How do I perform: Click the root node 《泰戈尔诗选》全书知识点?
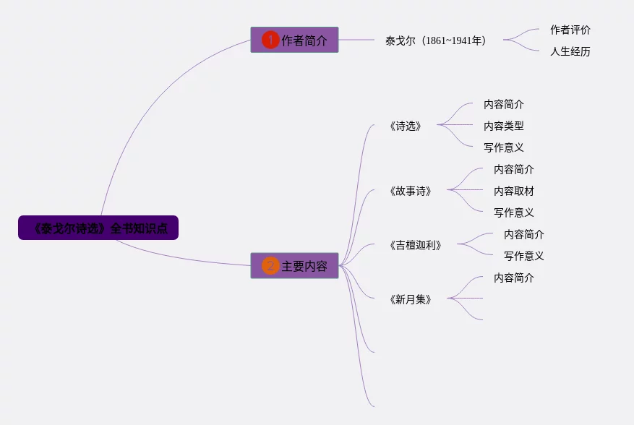98,228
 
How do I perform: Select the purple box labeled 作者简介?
294,40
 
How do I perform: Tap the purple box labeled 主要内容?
294,266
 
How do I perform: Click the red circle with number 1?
270,40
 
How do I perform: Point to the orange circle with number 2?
270,266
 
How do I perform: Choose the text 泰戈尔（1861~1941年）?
436,40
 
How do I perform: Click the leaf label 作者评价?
570,30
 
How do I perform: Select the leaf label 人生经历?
570,51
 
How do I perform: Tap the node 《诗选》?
405,126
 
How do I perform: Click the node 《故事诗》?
411,191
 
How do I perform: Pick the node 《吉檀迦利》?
415,245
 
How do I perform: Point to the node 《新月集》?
411,299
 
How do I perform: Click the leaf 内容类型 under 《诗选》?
504,126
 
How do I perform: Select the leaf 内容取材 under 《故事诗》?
514,191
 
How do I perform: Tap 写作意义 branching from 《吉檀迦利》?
524,256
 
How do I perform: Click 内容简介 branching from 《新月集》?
514,278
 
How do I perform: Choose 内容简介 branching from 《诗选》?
504,104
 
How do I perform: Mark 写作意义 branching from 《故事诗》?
514,212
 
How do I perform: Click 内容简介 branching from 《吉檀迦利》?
524,234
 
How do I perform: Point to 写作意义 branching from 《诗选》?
504,147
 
